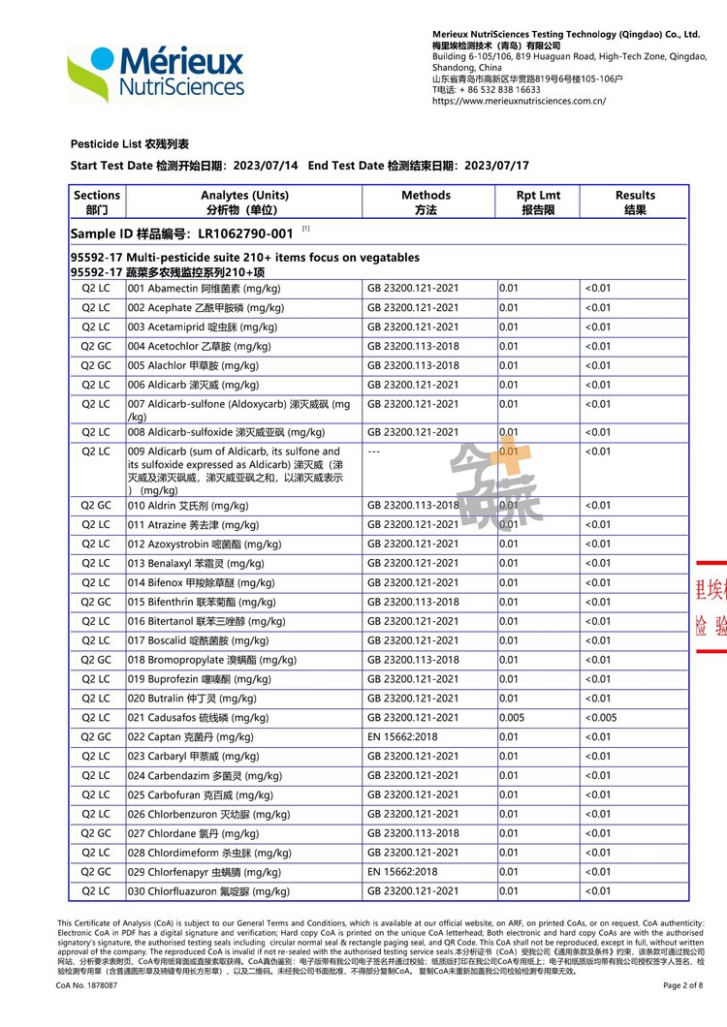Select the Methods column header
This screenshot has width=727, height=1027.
tap(426, 202)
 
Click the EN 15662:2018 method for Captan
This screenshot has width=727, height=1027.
tap(402, 737)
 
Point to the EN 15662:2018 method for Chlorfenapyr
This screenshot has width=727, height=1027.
tap(402, 872)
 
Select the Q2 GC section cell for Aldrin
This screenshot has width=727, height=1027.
tap(96, 506)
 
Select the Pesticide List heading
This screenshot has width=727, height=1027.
tap(130, 144)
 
